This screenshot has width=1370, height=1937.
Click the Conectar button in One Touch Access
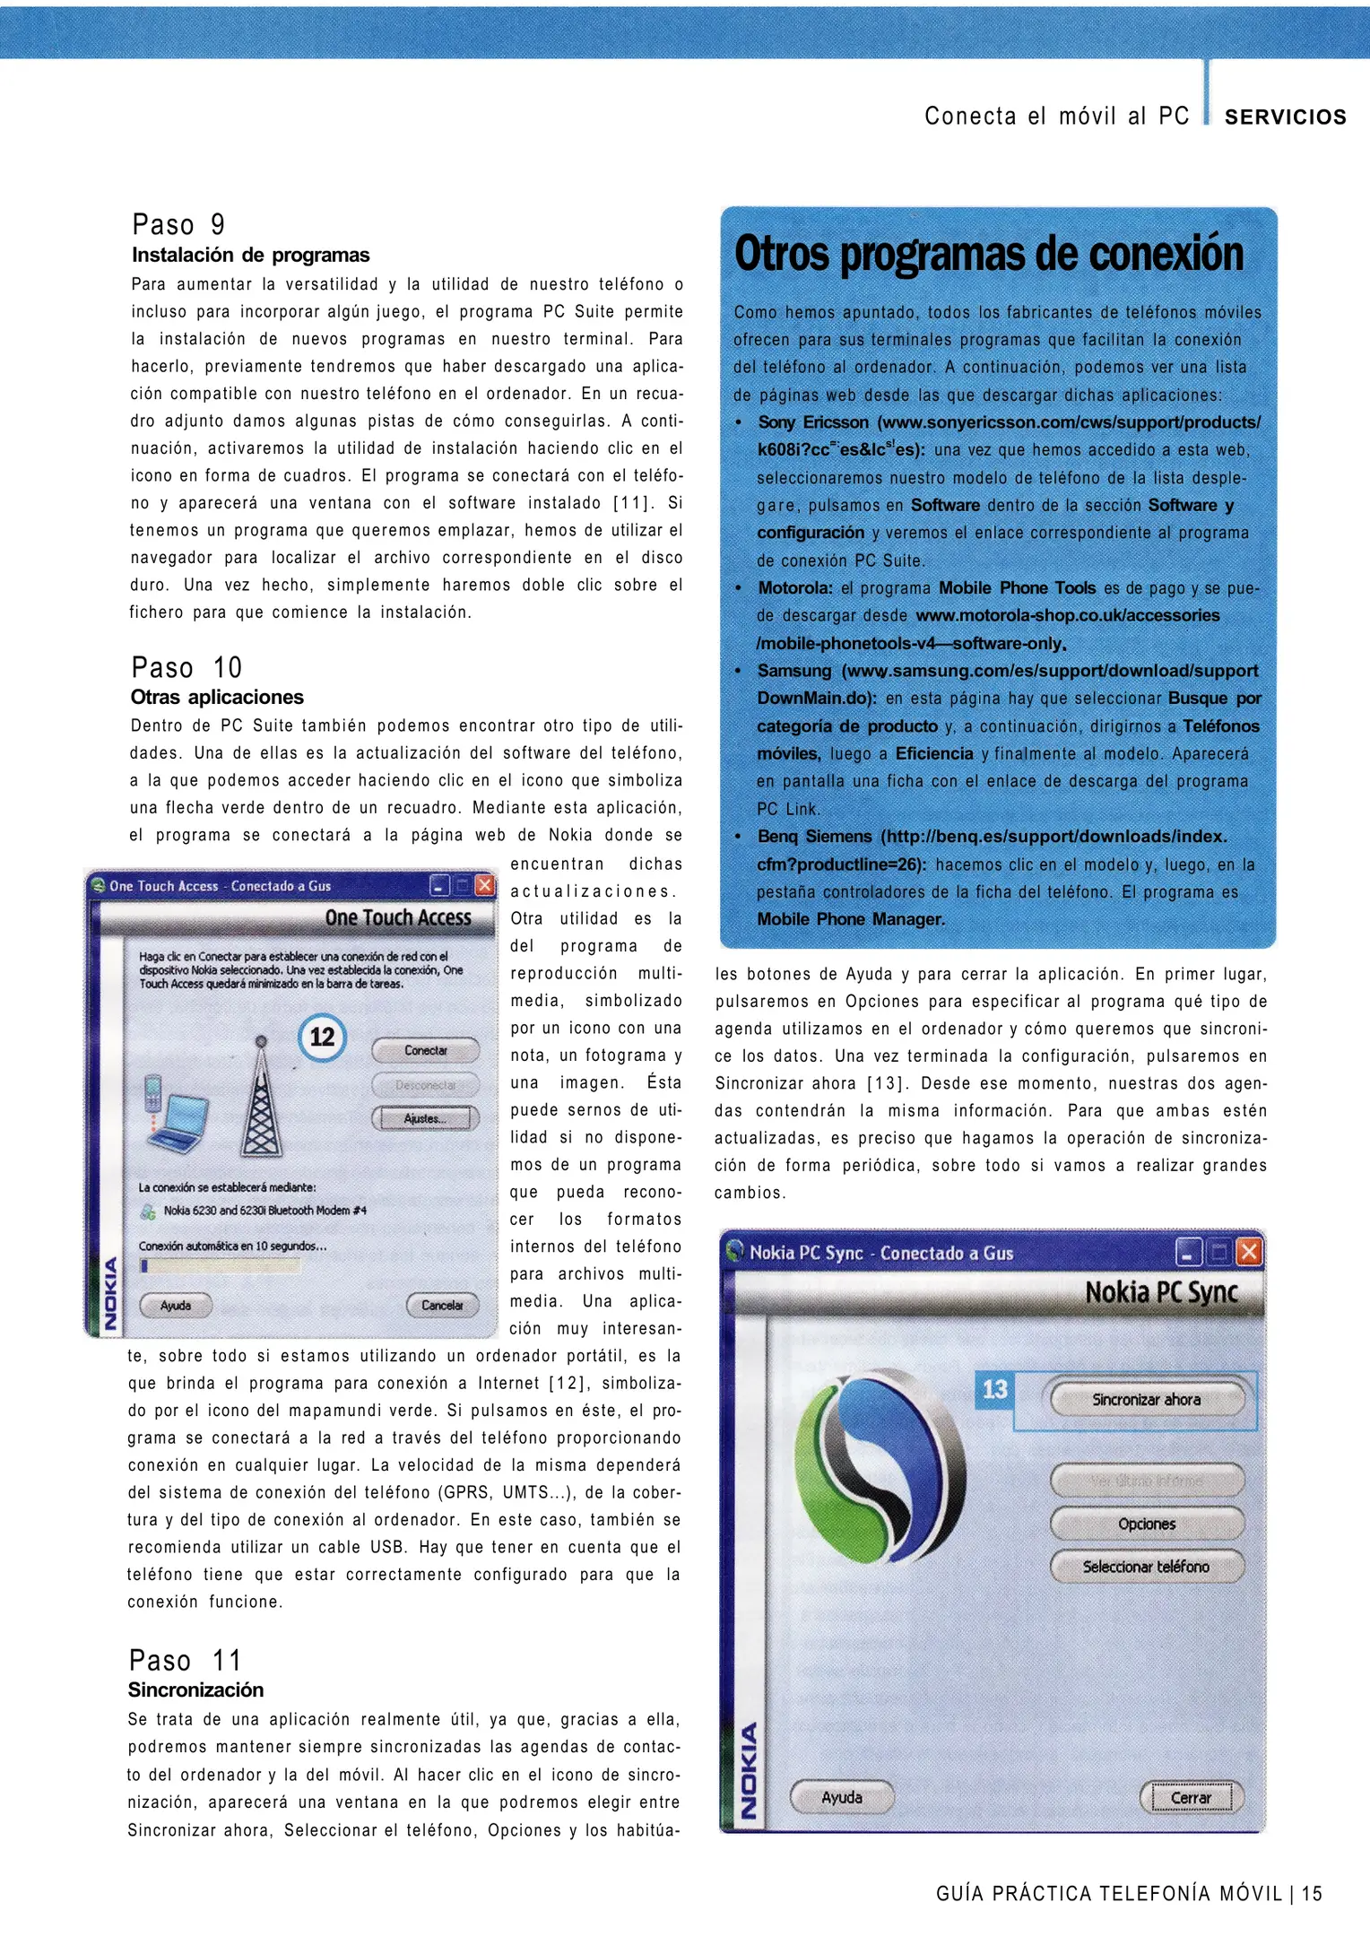click(x=425, y=1050)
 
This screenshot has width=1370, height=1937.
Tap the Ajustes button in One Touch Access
click(x=425, y=1118)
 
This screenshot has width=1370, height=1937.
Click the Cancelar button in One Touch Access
click(x=442, y=1305)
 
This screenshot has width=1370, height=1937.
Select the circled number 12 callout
click(x=322, y=1038)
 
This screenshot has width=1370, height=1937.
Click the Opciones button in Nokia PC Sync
click(x=1147, y=1524)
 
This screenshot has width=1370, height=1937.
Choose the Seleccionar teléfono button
click(x=1147, y=1567)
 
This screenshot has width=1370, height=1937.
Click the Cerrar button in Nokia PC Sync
click(x=1191, y=1797)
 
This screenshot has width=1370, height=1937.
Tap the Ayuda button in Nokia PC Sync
click(x=842, y=1797)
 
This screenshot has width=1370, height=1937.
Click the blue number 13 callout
click(x=994, y=1389)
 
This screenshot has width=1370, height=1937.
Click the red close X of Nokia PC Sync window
click(x=1249, y=1252)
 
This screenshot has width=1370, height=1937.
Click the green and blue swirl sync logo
click(x=879, y=1471)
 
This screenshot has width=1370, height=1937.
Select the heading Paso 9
click(x=178, y=224)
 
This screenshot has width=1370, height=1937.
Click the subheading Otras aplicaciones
click(x=217, y=697)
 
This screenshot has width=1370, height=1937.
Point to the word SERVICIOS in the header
click(x=1285, y=117)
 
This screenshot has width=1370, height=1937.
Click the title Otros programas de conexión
click(x=988, y=254)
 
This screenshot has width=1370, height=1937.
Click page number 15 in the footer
click(x=1312, y=1893)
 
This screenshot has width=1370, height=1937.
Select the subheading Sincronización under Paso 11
click(x=195, y=1689)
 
